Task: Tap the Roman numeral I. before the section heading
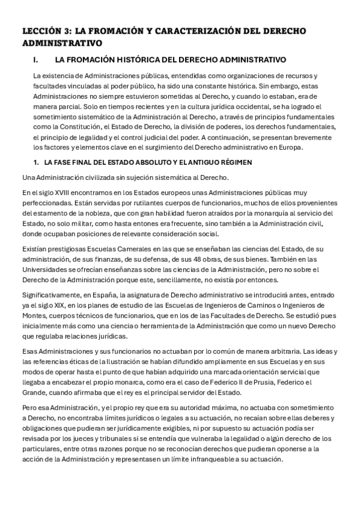click(x=37, y=60)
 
